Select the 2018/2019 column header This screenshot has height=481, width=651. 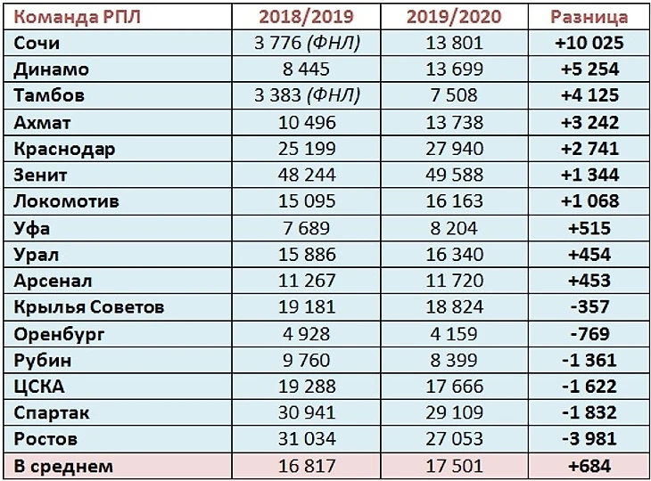tap(307, 17)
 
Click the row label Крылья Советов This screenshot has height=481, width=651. tap(89, 307)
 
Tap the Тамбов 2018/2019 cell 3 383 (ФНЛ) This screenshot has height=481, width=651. tap(307, 95)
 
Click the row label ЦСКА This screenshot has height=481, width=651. tap(40, 387)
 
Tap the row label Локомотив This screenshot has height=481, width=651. tap(67, 201)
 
